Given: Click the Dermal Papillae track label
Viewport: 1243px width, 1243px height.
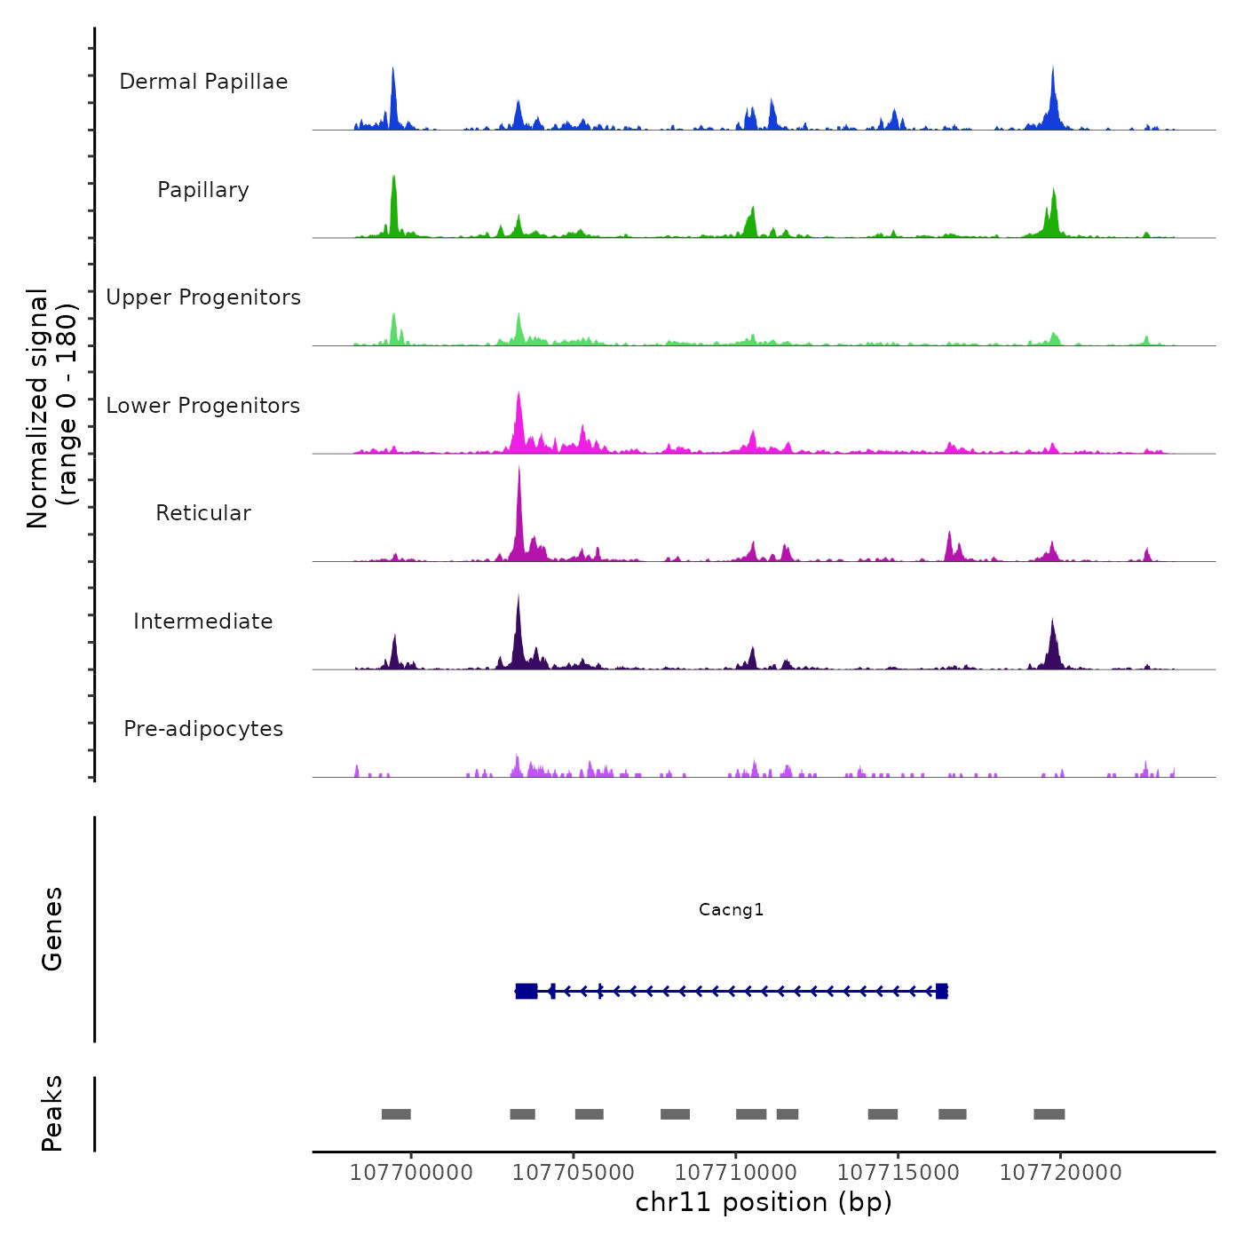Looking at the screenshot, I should tap(203, 82).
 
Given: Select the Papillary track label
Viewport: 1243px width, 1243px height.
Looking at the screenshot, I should tap(203, 190).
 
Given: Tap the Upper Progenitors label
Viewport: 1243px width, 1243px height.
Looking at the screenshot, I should tap(203, 297).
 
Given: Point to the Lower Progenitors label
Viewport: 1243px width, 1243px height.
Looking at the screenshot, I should tap(203, 406).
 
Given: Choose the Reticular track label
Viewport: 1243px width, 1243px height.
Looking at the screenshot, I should tap(203, 513).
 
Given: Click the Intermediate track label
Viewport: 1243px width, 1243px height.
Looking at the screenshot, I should tap(203, 621).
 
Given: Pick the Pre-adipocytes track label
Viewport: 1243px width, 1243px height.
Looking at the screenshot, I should tap(203, 729).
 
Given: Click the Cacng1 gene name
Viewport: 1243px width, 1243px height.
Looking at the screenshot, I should tap(731, 909).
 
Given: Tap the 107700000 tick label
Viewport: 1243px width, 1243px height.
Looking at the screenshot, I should tap(411, 1172).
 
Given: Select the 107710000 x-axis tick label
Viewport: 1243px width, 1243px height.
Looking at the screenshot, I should tap(736, 1172).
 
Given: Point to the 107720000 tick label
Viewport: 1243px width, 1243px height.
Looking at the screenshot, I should tap(1060, 1172).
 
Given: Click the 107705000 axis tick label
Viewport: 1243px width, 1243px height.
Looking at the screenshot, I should tap(574, 1172).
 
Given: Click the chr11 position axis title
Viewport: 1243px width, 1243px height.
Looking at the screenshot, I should tap(764, 1202).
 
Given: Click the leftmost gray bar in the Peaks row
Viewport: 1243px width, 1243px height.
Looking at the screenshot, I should tap(396, 1114).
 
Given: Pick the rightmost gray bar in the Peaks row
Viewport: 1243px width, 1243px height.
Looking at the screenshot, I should tap(1049, 1114).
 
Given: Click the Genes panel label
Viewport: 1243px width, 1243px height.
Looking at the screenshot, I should tap(51, 929).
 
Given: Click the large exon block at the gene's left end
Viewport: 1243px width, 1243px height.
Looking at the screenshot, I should tap(526, 991).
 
